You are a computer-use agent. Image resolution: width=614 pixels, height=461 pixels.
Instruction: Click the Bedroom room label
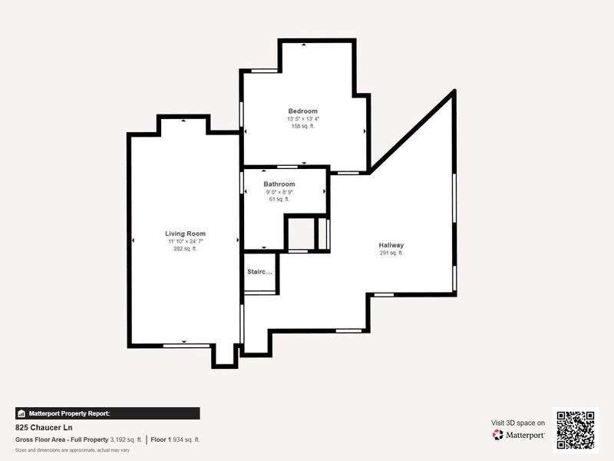click(302, 111)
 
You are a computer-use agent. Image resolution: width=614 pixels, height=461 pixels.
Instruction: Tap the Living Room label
click(186, 234)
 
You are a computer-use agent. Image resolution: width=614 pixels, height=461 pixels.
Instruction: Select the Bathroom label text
click(279, 184)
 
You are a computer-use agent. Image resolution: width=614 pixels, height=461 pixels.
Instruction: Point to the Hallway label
click(391, 245)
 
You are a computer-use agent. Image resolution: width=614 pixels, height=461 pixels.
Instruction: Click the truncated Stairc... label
click(259, 272)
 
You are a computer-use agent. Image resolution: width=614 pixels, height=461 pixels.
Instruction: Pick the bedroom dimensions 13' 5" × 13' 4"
click(302, 119)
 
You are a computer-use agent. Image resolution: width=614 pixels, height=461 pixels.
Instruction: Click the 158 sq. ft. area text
click(302, 126)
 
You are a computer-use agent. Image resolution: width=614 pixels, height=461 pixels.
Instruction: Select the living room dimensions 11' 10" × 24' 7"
click(186, 241)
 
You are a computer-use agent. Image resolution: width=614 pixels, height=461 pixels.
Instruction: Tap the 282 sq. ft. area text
click(186, 249)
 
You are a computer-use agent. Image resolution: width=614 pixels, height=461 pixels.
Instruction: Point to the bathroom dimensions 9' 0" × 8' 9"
click(279, 192)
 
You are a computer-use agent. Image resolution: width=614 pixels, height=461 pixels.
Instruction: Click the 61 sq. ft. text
click(279, 199)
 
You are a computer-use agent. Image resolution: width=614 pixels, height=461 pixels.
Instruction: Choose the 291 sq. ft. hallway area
click(391, 253)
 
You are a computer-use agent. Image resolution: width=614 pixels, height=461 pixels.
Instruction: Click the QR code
click(575, 429)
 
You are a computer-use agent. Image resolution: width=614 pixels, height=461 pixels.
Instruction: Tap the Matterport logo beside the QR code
click(519, 435)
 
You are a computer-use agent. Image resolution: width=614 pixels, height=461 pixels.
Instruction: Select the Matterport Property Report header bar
click(107, 413)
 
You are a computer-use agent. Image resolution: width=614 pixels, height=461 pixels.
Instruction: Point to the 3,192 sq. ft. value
click(127, 439)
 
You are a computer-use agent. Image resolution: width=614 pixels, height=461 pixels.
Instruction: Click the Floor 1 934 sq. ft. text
click(175, 439)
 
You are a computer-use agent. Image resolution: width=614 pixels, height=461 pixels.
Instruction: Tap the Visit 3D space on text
click(518, 423)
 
